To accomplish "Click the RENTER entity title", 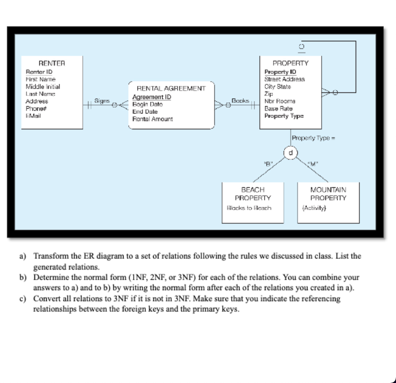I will tap(51, 63).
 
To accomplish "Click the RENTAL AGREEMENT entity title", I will tap(171, 89).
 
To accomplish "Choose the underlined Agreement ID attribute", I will tap(151, 97).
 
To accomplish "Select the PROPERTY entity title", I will tap(289, 63).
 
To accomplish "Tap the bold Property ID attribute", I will tap(280, 72).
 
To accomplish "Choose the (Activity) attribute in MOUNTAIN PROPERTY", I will tap(314, 208).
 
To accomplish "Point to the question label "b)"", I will tap(23, 277).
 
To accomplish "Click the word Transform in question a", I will tap(49, 256).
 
